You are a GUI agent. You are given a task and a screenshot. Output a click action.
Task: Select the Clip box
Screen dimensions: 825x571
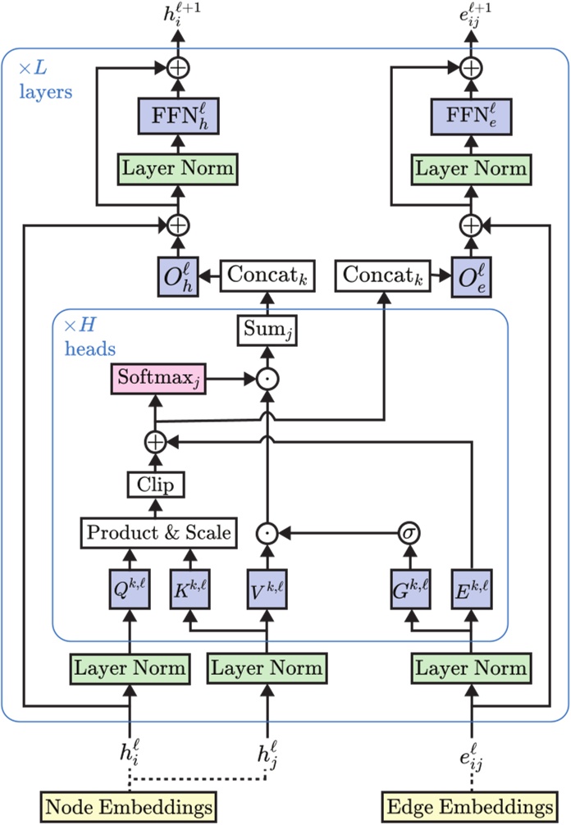[155, 484]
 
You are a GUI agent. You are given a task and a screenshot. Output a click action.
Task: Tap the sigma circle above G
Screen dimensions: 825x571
[409, 533]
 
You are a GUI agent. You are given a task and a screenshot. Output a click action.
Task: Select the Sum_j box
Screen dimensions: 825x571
[266, 330]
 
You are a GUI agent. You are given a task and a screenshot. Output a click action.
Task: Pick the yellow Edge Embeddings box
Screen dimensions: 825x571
[471, 804]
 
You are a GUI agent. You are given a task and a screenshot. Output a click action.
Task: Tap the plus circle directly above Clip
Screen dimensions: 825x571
[155, 442]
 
